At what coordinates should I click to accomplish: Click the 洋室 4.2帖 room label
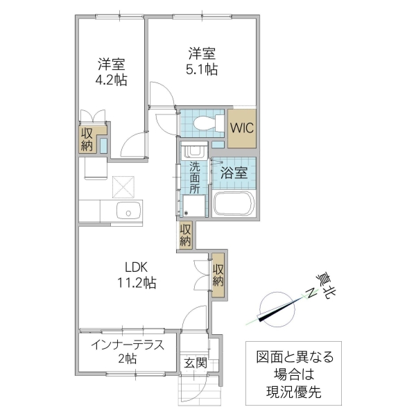pyautogui.click(x=111, y=71)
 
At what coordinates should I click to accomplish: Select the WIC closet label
pyautogui.click(x=242, y=128)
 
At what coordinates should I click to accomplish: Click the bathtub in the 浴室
pyautogui.click(x=235, y=205)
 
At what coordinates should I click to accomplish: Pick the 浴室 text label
pyautogui.click(x=234, y=173)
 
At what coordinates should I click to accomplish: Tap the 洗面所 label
pyautogui.click(x=195, y=177)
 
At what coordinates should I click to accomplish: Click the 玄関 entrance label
pyautogui.click(x=195, y=362)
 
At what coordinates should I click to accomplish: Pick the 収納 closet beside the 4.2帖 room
pyautogui.click(x=87, y=139)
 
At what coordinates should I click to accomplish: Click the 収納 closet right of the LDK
pyautogui.click(x=218, y=275)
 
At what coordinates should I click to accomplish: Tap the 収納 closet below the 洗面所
pyautogui.click(x=185, y=236)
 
